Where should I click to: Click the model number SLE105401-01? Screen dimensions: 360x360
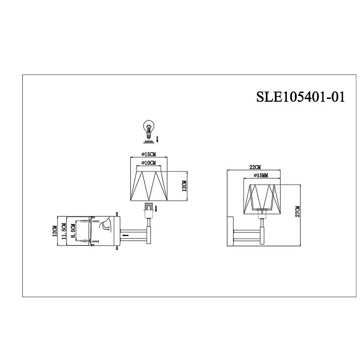click(x=301, y=97)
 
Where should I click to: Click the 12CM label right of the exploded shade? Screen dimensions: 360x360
click(x=185, y=189)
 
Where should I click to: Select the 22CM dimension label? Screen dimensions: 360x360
click(x=255, y=167)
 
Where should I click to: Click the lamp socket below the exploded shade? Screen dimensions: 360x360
click(x=149, y=210)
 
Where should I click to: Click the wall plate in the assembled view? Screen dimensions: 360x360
click(x=229, y=231)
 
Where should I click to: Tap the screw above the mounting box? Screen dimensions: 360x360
click(x=118, y=213)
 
